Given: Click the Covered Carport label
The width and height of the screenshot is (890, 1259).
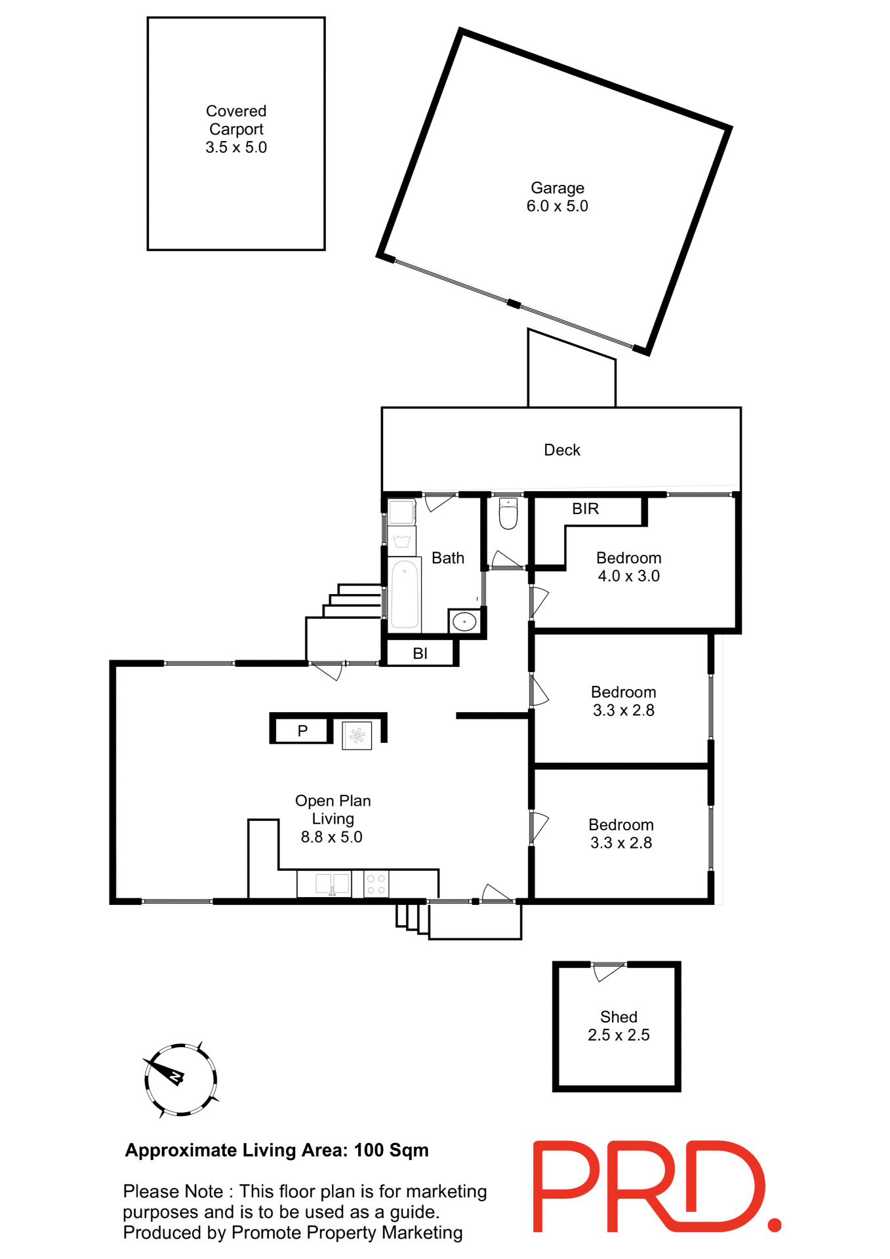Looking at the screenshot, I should (x=236, y=129).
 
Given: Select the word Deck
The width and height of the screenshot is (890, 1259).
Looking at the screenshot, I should (x=562, y=450).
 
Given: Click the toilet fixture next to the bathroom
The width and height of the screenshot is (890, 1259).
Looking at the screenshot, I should (x=508, y=513).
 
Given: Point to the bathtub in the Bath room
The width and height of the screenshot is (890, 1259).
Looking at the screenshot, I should (x=405, y=594).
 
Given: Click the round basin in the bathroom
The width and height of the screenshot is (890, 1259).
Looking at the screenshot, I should (x=464, y=621).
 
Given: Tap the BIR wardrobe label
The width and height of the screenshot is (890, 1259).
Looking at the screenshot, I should (x=585, y=509).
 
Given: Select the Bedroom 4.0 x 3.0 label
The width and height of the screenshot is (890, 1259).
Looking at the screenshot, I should (x=628, y=567).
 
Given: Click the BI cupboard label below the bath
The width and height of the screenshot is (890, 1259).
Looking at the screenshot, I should (x=420, y=653).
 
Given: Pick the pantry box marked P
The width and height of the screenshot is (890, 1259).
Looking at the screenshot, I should (x=302, y=730).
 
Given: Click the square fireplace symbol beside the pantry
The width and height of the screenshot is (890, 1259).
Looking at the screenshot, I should (x=357, y=736).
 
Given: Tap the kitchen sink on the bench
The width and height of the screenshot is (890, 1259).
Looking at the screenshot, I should (x=333, y=884).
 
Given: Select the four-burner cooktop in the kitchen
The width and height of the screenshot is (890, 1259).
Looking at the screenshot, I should (x=376, y=884).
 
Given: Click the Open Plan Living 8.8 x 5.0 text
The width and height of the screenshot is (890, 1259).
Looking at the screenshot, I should (x=333, y=818).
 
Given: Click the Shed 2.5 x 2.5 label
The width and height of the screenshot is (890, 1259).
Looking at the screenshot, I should (x=618, y=1026).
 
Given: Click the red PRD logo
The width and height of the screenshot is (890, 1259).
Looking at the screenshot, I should (x=656, y=1187).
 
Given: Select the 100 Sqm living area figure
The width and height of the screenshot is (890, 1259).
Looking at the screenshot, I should (x=391, y=1150).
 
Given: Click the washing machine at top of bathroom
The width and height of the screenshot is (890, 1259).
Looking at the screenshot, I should (x=401, y=512).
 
